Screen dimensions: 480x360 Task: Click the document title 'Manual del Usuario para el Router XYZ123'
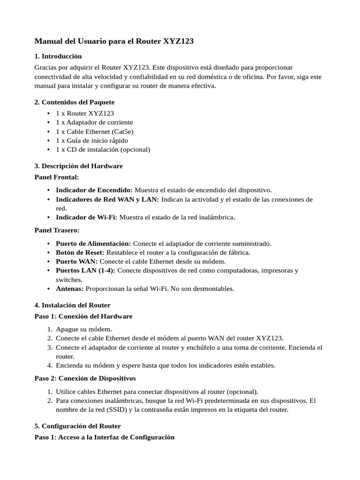(114, 41)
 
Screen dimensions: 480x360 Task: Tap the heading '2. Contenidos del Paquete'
(75, 102)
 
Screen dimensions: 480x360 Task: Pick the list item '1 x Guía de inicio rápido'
(92, 140)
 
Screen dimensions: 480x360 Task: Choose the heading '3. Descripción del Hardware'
(79, 166)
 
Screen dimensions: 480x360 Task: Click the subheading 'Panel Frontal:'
(57, 177)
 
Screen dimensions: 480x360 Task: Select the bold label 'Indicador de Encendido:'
(94, 190)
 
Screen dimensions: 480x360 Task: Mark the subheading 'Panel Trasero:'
(57, 230)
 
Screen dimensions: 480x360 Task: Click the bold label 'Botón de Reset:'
(80, 252)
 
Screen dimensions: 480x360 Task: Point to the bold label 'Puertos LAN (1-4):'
(85, 270)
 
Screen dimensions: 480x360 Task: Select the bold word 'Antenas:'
(70, 289)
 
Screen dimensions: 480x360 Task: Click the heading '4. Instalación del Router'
(73, 305)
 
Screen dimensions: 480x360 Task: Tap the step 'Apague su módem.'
(84, 329)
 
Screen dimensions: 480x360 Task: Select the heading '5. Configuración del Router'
(78, 426)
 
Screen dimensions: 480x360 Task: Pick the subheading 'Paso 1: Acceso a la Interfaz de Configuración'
(105, 437)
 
